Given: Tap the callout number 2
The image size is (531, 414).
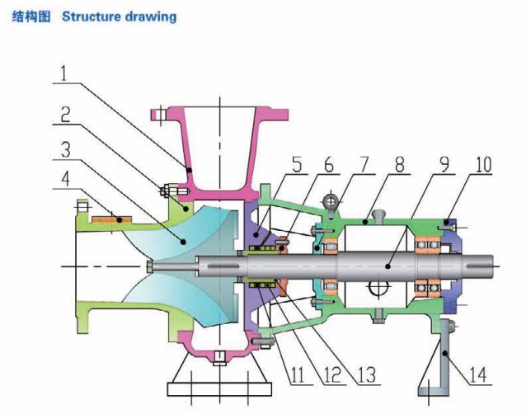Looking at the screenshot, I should [x=64, y=116].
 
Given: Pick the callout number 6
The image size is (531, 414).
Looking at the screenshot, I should [x=332, y=166].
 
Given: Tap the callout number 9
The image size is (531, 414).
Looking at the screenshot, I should [x=444, y=165].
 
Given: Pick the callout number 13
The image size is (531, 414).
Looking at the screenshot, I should [x=369, y=376].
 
